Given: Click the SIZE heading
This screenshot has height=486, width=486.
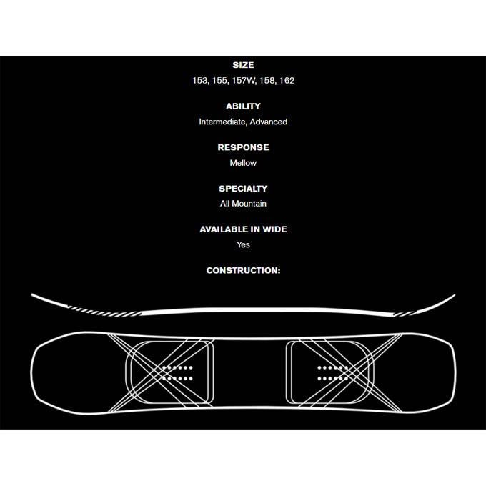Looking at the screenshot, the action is pos(243,65).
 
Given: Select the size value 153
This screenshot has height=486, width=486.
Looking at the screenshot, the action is pos(200,81).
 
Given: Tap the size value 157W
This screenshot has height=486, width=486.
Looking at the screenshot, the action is pos(244,81).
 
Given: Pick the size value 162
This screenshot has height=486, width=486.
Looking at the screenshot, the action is pos(287,81).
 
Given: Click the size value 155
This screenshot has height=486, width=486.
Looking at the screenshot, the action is pos(219,81).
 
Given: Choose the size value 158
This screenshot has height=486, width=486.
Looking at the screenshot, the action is pos(267,81).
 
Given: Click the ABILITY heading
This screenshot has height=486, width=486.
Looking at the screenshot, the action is pos(243,106).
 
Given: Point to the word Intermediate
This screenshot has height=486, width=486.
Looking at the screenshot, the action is pos(223,121).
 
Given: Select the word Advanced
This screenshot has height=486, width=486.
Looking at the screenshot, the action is pos(269,121).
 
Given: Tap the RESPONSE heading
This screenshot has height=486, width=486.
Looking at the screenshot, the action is pos(243,147).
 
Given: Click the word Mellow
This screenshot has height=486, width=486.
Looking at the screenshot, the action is pos(243,163).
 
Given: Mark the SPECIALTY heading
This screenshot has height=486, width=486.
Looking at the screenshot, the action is pos(243,189).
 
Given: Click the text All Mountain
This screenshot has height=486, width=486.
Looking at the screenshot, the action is pos(243,204).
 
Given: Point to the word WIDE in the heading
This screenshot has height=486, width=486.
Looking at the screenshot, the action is pos(274,229).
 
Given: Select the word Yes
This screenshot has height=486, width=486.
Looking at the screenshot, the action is pos(243,245).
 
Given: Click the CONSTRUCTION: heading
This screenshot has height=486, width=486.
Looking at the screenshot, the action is pos(243,271).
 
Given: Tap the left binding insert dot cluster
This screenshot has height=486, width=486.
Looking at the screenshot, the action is pos(177,373).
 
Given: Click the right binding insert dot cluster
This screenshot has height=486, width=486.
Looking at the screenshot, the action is pos(333,373).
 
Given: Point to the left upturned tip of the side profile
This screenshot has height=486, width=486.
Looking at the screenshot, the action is pos(32,294).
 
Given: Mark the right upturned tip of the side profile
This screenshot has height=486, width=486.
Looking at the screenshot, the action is pos(454,295).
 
